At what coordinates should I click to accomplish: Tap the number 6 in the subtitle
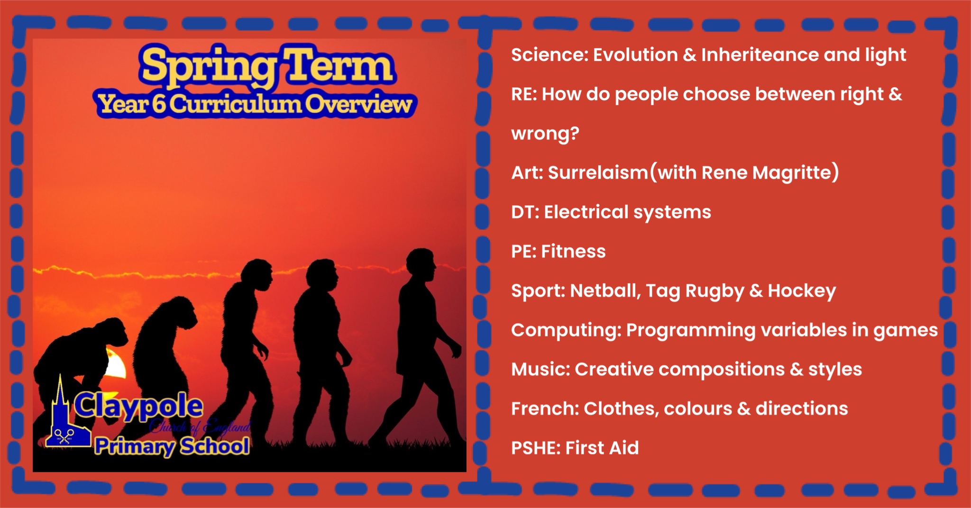[x=159, y=104]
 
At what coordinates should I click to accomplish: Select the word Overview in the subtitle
[x=358, y=104]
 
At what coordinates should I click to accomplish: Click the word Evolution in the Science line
[x=635, y=55]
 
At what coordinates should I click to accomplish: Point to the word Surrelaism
[x=598, y=172]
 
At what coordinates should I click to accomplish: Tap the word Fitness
[x=573, y=251]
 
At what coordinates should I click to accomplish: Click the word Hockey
[x=802, y=291]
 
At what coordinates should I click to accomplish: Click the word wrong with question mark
[x=545, y=134]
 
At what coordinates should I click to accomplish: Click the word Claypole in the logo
[x=138, y=407]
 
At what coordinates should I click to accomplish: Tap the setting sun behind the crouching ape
[x=115, y=364]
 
